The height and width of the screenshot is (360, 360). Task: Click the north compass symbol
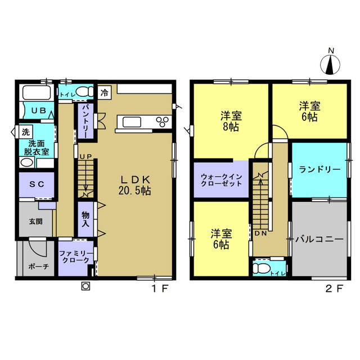click(331, 64)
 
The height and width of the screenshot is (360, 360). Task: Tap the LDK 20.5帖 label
click(135, 184)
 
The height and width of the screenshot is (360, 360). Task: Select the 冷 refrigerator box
click(105, 91)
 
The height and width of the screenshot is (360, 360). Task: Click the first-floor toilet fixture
click(83, 91)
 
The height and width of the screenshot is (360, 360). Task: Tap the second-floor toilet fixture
click(261, 268)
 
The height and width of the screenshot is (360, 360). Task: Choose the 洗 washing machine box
click(26, 133)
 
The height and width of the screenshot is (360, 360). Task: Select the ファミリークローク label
click(74, 256)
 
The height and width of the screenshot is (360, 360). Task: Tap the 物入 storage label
click(85, 219)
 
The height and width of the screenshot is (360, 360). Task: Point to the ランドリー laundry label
click(319, 169)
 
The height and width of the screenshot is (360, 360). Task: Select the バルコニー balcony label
click(319, 239)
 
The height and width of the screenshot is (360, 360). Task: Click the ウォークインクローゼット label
click(221, 180)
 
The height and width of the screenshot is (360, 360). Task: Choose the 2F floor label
click(336, 291)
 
